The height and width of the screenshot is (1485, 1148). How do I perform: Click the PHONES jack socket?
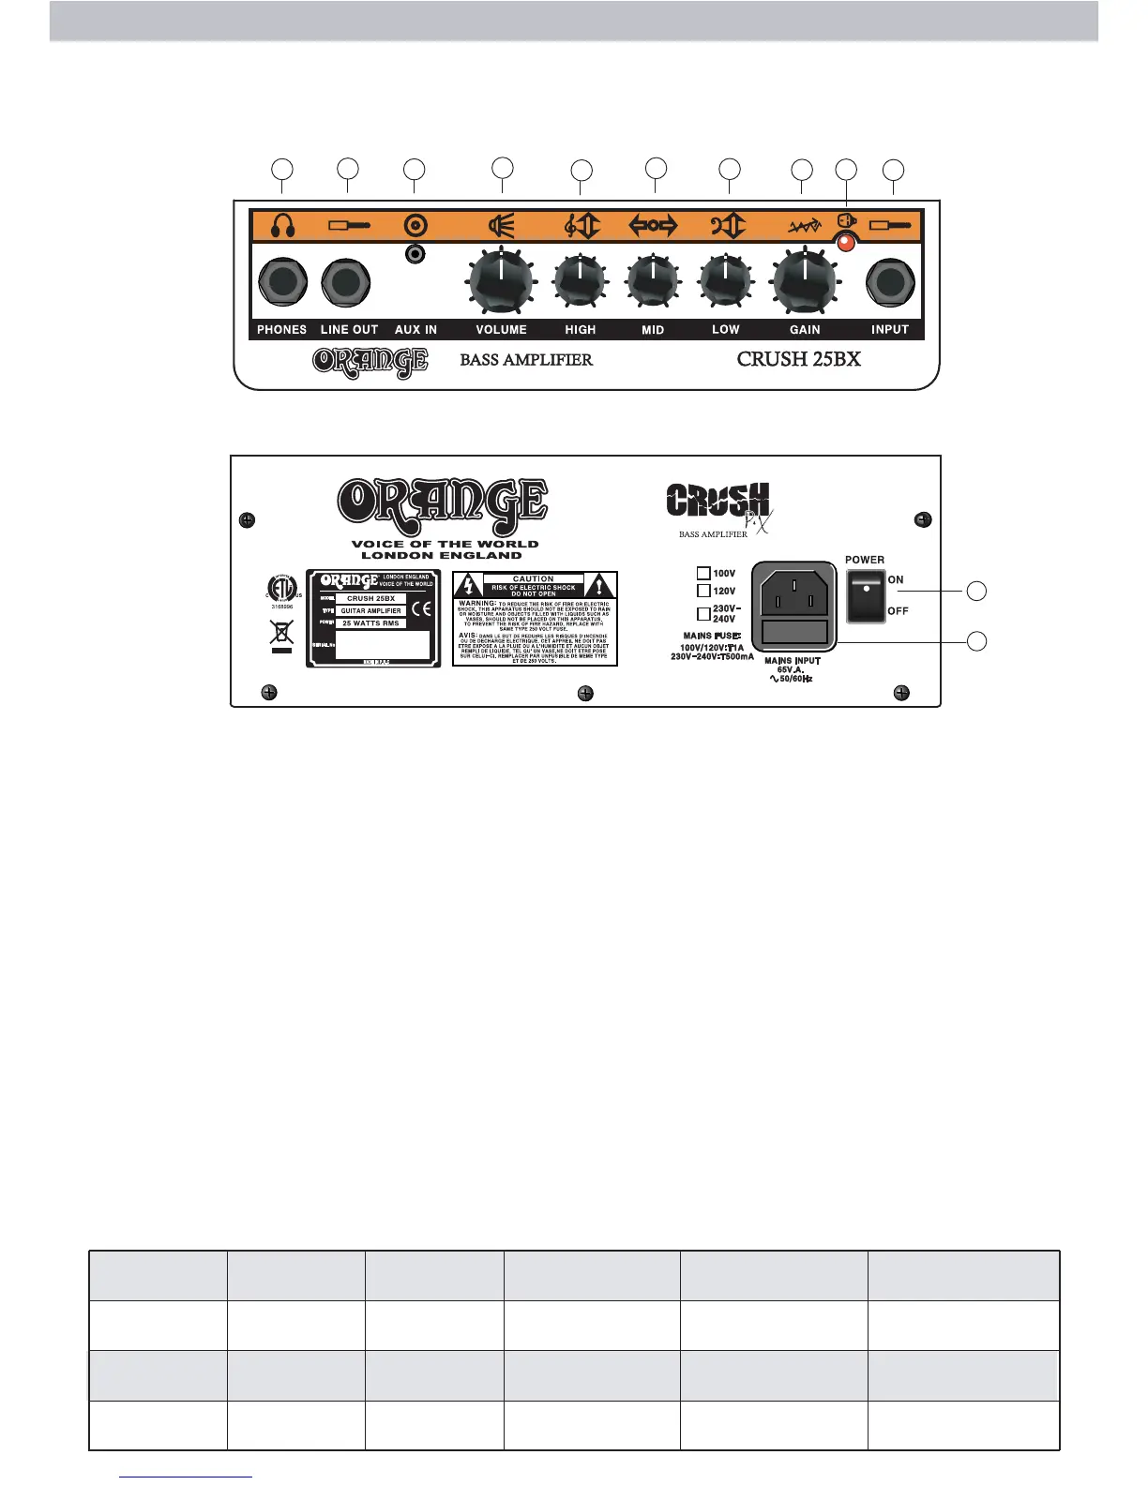coord(282,282)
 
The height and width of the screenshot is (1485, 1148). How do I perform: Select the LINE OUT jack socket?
coord(346,282)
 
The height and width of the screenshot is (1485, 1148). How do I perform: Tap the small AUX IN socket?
coord(415,254)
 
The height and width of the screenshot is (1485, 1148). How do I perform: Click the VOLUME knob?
coord(501,279)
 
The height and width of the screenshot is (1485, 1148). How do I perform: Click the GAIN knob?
coord(804,279)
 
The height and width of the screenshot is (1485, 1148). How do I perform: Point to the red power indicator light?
coord(846,244)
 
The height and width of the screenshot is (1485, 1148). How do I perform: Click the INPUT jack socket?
coord(890,282)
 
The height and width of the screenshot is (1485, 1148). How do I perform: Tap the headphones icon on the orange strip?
coord(282,226)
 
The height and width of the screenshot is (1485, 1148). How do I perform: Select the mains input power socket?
coord(793,593)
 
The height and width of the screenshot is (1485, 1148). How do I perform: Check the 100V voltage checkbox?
coord(703,573)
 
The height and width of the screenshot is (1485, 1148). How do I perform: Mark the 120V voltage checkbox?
coord(703,591)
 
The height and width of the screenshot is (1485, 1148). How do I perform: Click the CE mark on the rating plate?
coord(421,609)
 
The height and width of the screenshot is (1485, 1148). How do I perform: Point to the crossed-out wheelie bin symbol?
coord(281,631)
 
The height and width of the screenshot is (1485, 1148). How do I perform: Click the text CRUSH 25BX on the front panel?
coord(798,359)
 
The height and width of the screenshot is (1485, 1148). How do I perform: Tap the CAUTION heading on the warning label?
coord(534,579)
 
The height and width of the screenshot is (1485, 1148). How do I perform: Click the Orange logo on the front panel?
coord(370,361)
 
